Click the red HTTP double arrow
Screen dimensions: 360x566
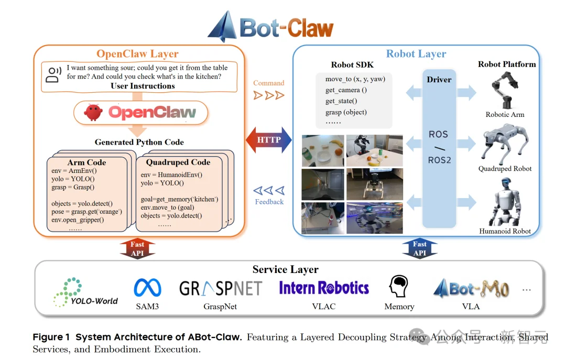(x=269, y=140)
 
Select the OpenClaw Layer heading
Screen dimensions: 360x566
(x=137, y=54)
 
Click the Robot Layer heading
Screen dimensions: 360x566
(x=416, y=53)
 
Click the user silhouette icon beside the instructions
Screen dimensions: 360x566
(x=53, y=75)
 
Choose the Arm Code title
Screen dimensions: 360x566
(x=86, y=162)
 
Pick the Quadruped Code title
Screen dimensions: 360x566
(x=178, y=162)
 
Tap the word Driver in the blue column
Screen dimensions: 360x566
(x=439, y=80)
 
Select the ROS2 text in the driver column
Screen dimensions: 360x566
(x=439, y=160)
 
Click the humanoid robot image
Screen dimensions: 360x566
(x=504, y=202)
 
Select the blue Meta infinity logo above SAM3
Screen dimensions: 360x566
(x=147, y=288)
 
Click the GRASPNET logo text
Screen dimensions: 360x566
(x=220, y=289)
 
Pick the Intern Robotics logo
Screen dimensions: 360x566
(x=324, y=288)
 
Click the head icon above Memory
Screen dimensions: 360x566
(x=399, y=287)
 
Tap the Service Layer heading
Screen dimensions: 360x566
(x=285, y=269)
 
